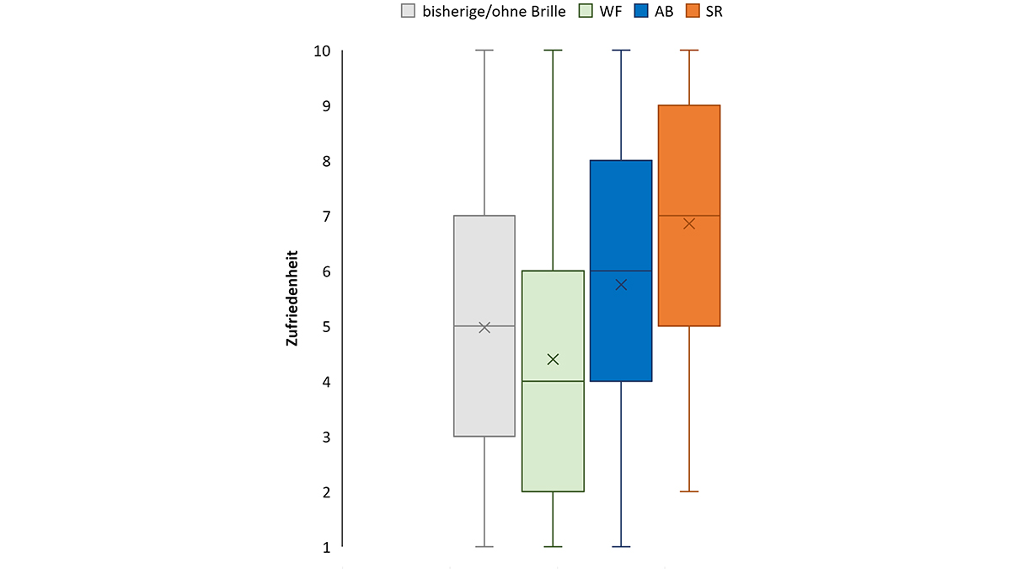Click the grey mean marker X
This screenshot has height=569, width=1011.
(x=484, y=327)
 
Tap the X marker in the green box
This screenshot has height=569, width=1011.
(x=553, y=359)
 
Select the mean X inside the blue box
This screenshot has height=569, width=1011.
(x=621, y=285)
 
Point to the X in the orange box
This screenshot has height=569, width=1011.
(x=689, y=223)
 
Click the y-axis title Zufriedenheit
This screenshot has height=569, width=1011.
(x=292, y=298)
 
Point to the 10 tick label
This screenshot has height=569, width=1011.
(x=321, y=51)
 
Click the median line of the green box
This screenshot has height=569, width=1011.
(x=553, y=381)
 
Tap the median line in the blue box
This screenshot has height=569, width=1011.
(x=621, y=271)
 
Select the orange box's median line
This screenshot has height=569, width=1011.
(x=689, y=216)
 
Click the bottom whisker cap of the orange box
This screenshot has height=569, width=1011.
(x=689, y=491)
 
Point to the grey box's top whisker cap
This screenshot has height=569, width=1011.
(x=484, y=51)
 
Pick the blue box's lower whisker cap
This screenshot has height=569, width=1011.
(x=621, y=547)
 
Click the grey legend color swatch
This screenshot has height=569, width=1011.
(x=409, y=12)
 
